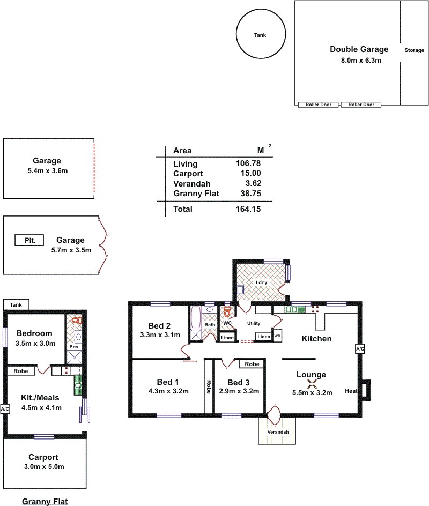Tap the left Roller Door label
click(319, 105)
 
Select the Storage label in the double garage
click(414, 50)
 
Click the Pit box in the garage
click(29, 240)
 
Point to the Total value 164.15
click(248, 209)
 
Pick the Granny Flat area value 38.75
click(250, 194)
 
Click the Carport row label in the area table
click(188, 174)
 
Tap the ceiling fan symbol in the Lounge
click(312, 384)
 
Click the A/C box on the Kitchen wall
click(360, 349)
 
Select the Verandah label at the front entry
click(278, 432)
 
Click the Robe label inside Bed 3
click(252, 364)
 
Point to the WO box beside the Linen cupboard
click(277, 336)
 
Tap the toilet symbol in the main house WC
click(227, 312)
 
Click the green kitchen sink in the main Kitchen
click(295, 310)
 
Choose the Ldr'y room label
click(261, 282)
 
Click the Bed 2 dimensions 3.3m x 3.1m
click(160, 335)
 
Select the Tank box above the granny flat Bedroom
click(16, 304)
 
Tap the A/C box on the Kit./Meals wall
click(5, 409)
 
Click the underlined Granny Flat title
click(45, 502)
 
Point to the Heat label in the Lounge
click(351, 391)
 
